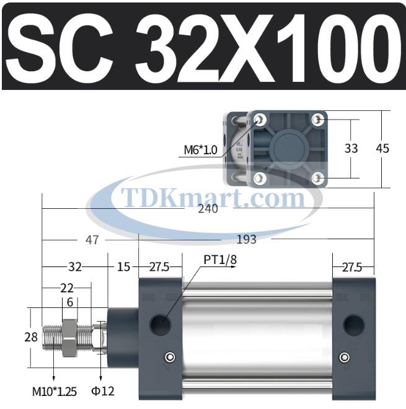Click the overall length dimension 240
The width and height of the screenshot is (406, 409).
(x=208, y=209)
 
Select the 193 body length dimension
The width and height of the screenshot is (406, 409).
(x=246, y=239)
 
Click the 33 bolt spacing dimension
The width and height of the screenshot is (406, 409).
(x=351, y=148)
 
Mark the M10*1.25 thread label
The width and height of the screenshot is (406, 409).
(x=55, y=391)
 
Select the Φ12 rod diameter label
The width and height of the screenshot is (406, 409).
(x=103, y=391)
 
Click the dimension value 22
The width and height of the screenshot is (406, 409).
(x=67, y=288)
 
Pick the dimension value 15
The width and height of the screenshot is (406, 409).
(x=123, y=267)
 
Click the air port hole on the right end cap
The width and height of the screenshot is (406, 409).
(x=354, y=323)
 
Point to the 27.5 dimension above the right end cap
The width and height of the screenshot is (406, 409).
(x=351, y=267)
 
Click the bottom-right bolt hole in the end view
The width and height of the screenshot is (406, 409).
(x=318, y=178)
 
